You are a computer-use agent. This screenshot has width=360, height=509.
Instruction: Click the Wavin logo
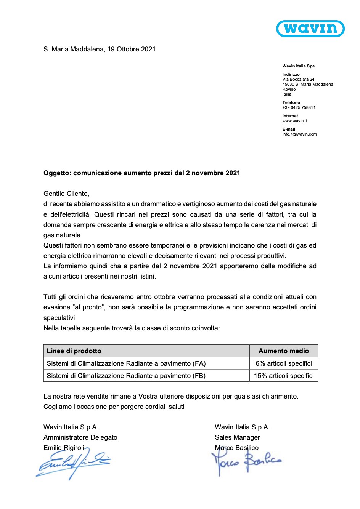coord(310,29)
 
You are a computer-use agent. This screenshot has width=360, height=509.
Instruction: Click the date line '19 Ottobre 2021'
coord(131,49)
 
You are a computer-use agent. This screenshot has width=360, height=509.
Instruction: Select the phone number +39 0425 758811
coord(299,107)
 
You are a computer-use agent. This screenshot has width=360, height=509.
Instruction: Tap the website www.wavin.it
coord(294,121)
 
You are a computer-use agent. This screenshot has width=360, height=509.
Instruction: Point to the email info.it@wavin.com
coord(299,134)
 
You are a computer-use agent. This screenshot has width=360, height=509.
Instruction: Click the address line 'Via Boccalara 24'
coord(298,79)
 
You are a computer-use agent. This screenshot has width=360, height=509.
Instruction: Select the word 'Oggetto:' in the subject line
coord(57,173)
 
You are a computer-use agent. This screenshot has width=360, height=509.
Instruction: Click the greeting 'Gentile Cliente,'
coord(66,194)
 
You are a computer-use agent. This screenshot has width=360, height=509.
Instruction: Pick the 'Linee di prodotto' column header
coord(74,351)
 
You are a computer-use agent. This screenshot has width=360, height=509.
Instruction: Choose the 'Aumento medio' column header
coord(284,351)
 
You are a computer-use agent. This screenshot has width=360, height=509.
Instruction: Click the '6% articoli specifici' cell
coord(284,363)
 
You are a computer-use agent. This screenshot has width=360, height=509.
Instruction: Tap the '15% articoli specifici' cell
coord(284,376)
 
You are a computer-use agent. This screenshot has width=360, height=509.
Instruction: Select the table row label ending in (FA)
coord(126,363)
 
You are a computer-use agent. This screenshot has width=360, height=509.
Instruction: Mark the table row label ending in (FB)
coord(126,376)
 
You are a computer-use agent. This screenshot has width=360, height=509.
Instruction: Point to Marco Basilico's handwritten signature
coord(246,461)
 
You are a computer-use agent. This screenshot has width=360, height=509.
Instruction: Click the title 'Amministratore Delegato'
coord(80,437)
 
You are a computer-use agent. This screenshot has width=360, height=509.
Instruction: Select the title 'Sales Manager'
coord(237,437)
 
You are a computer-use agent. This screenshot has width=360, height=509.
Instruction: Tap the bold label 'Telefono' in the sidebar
coord(291,102)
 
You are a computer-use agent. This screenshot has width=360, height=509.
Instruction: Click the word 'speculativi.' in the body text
coord(60,318)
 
